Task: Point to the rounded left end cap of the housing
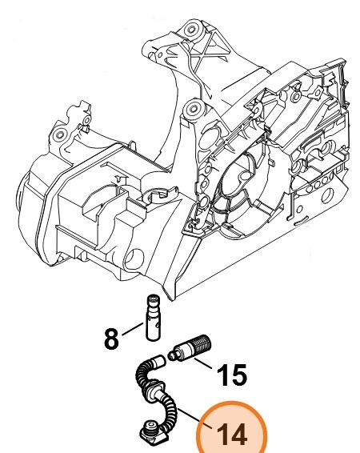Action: (x=32, y=188)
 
